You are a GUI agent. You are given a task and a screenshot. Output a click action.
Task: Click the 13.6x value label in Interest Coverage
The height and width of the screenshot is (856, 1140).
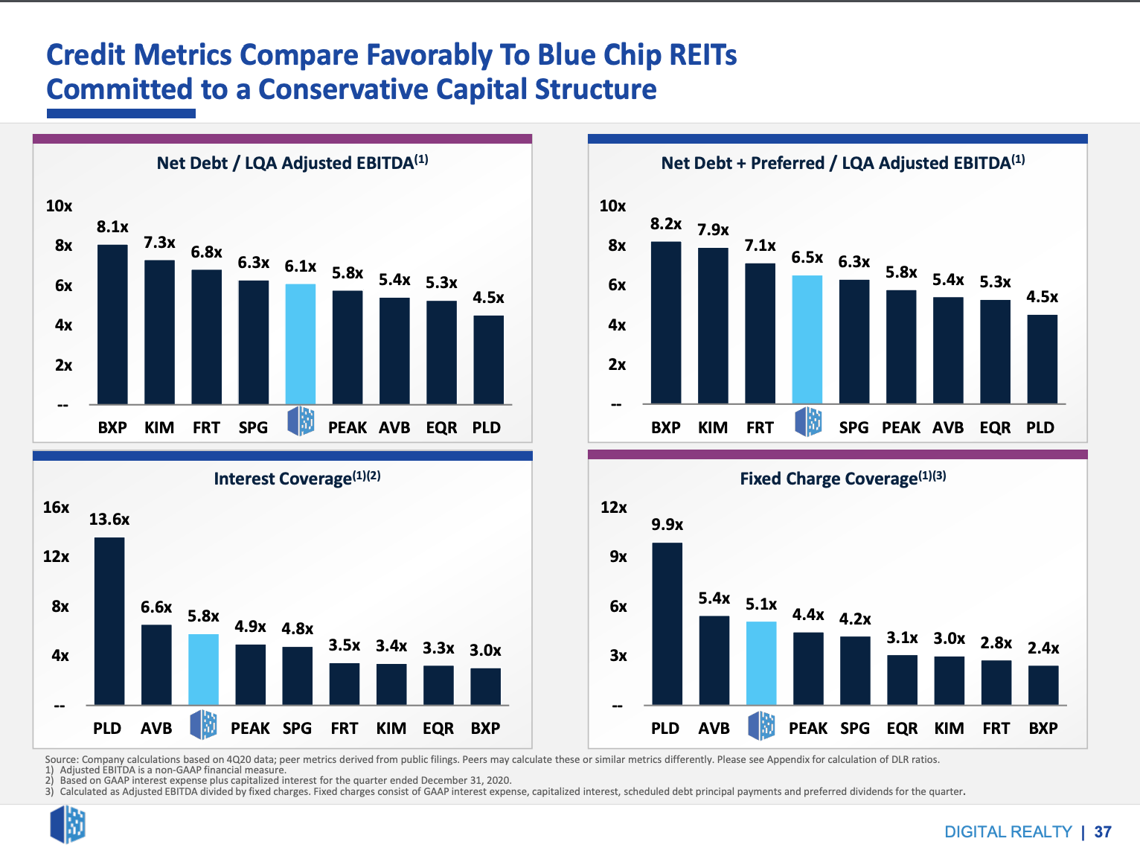[109, 520]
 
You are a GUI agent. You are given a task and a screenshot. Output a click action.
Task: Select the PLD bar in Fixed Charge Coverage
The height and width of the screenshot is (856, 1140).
[667, 624]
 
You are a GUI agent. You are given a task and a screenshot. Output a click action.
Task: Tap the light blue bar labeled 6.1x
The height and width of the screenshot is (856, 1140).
[301, 344]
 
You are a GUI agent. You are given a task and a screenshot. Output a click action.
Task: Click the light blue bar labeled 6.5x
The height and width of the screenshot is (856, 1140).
[807, 339]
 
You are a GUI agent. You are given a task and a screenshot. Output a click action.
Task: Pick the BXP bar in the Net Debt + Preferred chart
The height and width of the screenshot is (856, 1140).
[666, 322]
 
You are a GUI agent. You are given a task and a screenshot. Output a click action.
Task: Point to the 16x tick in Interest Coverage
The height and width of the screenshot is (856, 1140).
[56, 508]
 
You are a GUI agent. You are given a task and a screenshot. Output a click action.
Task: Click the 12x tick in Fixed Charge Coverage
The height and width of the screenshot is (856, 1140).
[614, 508]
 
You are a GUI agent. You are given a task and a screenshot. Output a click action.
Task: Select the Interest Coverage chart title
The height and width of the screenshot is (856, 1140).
[297, 478]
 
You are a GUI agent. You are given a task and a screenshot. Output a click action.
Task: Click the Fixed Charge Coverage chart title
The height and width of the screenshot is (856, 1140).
[842, 479]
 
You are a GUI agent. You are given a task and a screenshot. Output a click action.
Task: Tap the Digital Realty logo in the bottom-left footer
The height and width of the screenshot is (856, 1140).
[68, 825]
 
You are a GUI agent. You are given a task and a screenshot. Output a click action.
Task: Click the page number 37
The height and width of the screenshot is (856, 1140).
[1103, 832]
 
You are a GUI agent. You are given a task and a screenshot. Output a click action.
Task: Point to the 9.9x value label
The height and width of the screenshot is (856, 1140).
[667, 525]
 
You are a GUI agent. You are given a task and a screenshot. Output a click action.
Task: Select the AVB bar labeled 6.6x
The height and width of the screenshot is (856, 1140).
[156, 665]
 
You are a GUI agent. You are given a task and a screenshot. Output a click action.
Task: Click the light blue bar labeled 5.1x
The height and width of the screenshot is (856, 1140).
[761, 663]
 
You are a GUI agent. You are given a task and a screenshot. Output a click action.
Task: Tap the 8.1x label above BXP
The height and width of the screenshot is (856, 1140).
[112, 227]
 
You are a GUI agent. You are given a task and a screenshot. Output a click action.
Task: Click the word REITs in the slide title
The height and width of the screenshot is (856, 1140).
[702, 55]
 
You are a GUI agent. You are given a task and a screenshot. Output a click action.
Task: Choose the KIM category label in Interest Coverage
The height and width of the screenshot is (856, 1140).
[391, 729]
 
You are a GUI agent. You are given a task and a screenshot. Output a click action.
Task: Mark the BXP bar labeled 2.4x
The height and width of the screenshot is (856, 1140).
[1043, 685]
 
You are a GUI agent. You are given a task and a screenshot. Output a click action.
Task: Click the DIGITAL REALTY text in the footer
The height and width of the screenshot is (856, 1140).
[1008, 832]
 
